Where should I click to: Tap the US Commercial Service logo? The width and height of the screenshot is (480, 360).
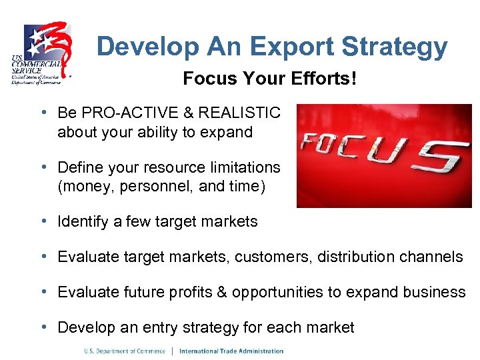tap(41, 53)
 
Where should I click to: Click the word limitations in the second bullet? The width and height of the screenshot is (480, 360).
tap(247, 167)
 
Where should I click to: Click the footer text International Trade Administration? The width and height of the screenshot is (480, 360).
tap(231, 351)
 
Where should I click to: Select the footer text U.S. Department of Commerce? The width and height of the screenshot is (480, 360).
tap(124, 351)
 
